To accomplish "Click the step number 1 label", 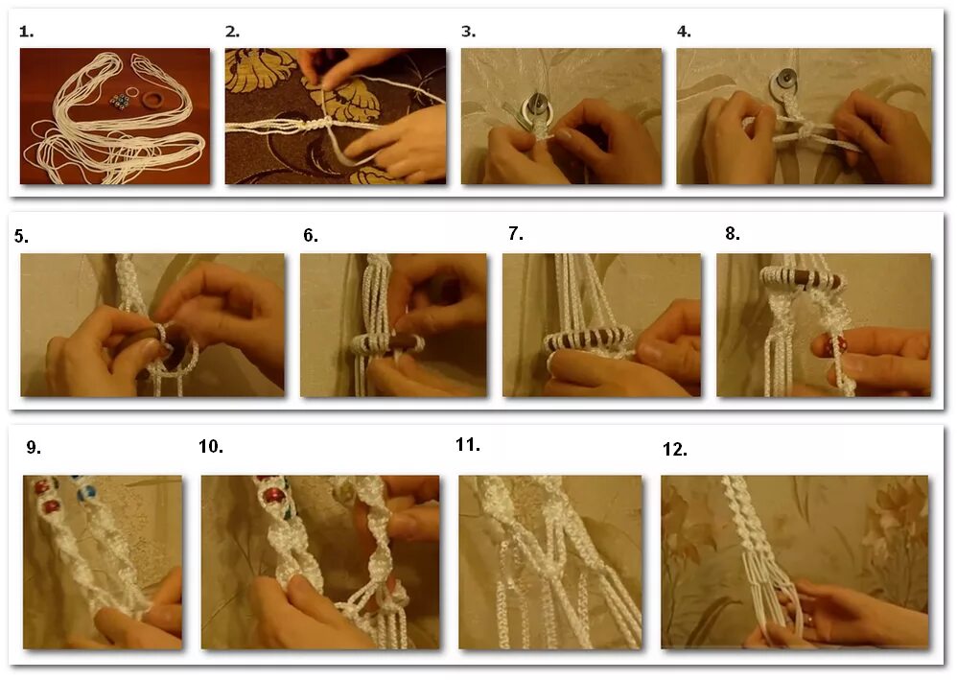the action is coord(26,32).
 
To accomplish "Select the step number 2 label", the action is coord(232,32).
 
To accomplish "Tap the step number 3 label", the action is coord(468,32).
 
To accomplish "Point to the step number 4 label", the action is coord(684,32).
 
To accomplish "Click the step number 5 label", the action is coord(21,236).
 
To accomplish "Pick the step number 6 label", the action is coord(311,236).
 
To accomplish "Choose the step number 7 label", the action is coord(516,234).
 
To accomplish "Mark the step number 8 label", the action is coord(733,234).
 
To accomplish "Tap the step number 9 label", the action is coord(34,448).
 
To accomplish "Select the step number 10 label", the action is coord(211,447).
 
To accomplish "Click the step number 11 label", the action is coord(468,445).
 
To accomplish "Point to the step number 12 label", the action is coord(675,450).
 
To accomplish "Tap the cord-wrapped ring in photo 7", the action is coord(589,339).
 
